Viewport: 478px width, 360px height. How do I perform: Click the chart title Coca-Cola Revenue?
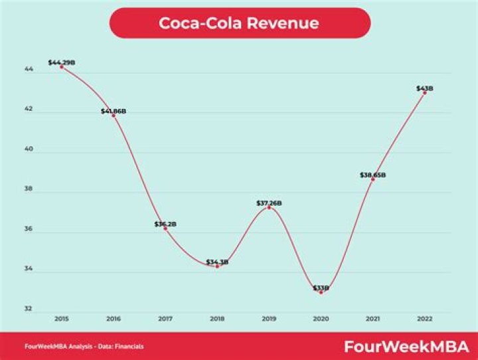pos(239,23)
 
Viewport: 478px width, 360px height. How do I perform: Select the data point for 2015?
pos(62,67)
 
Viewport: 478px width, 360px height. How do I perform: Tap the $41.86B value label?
pos(114,111)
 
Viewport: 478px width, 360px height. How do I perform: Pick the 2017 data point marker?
pos(165,228)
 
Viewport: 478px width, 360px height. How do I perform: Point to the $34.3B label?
pos(217,262)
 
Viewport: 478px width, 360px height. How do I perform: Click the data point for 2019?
pos(269,207)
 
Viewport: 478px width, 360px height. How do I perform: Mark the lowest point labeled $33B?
pos(321,292)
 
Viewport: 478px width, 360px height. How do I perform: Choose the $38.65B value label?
pos(372,175)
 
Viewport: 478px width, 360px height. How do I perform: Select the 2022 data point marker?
pos(425,92)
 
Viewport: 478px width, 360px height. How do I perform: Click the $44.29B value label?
pos(62,62)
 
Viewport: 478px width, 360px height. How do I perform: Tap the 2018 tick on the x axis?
pos(217,318)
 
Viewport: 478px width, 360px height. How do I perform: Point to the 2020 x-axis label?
pos(321,318)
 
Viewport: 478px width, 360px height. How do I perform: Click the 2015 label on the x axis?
pos(62,318)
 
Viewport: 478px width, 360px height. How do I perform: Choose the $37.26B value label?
pos(269,202)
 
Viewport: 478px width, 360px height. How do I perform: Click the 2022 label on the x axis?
pos(425,318)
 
